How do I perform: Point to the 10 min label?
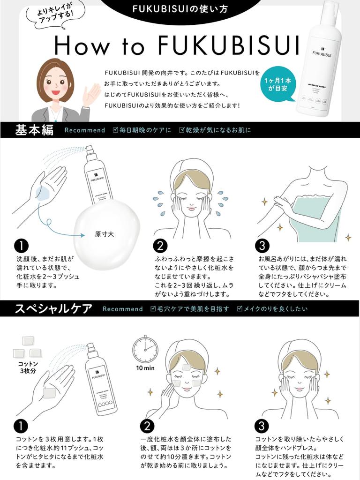pyautogui.click(x=145, y=368)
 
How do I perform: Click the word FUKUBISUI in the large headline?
pyautogui.click(x=228, y=46)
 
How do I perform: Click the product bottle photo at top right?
pyautogui.click(x=319, y=59)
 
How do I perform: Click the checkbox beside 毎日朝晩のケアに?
pyautogui.click(x=115, y=130)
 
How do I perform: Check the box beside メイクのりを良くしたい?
pyautogui.click(x=239, y=308)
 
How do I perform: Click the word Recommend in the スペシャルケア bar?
pyautogui.click(x=122, y=309)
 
